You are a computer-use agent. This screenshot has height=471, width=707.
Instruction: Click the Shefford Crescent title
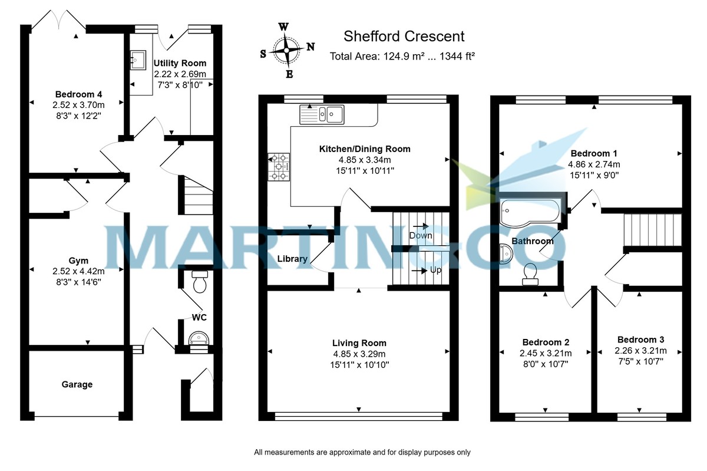[x=404, y=37]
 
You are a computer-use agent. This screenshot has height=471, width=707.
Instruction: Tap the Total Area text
[x=403, y=57]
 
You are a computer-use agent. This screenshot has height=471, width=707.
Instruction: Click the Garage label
[x=77, y=384]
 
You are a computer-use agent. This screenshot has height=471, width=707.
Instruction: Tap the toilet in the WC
[x=199, y=282]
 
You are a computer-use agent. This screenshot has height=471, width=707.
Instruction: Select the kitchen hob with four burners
[x=279, y=167]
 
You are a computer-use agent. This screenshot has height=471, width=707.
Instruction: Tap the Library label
[x=292, y=259]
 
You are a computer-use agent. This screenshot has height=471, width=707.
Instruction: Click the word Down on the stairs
[x=421, y=235]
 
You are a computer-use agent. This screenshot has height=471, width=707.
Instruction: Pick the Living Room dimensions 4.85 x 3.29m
[x=359, y=354]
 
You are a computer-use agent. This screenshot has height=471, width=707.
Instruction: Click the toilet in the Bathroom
[x=529, y=274]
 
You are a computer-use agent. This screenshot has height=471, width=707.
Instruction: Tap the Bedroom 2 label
[x=546, y=342]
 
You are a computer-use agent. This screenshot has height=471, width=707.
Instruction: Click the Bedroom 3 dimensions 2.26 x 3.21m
[x=640, y=351]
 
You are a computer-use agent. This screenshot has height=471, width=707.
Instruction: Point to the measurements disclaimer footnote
[x=362, y=453]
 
